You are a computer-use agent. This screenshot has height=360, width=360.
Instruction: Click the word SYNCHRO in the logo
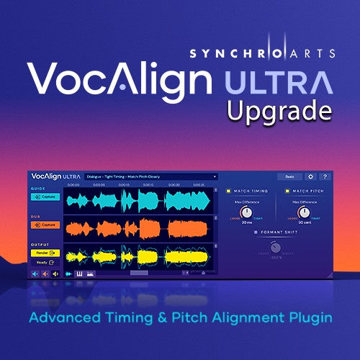pos(230,53)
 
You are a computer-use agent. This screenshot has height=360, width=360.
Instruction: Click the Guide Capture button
pos(45,197)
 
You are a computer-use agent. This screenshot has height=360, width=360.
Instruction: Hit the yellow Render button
pos(45,252)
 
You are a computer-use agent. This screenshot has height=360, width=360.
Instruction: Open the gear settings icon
pos(310,176)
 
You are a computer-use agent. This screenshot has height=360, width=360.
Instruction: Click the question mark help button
pos(325,176)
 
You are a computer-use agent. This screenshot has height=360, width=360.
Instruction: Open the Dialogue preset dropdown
pos(150,176)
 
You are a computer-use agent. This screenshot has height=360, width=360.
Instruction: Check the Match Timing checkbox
pos(228,191)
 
